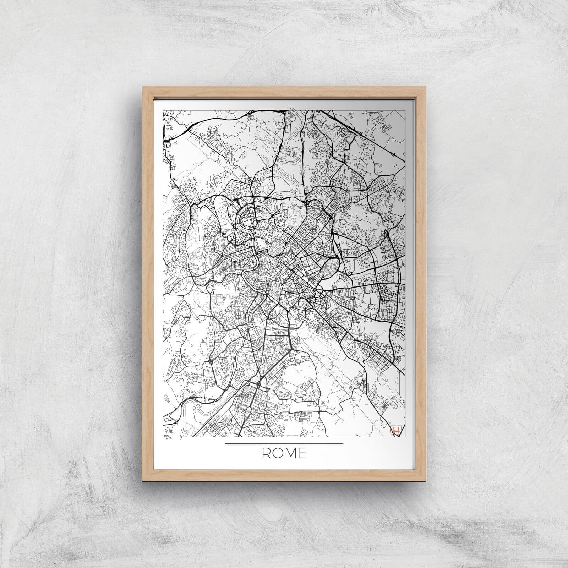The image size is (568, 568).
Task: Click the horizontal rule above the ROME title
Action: click(284, 443)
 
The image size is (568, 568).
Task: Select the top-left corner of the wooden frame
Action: click(143, 86)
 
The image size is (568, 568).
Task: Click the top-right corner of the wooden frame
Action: click(425, 86)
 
